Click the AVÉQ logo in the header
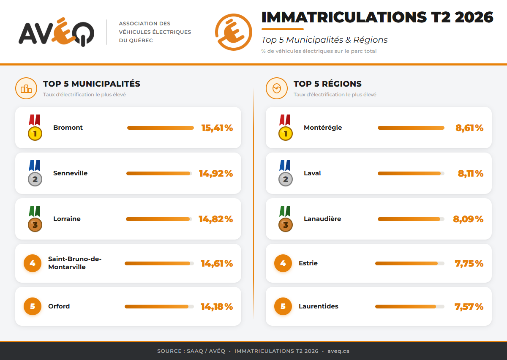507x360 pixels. [x=56, y=32]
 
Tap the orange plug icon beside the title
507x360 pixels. [x=233, y=32]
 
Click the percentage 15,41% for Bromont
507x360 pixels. [x=217, y=128]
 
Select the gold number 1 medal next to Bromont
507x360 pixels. [x=35, y=128]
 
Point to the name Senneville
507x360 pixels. [x=70, y=173]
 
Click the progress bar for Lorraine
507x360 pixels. [x=159, y=219]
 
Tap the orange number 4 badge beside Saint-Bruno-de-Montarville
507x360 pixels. [x=33, y=263]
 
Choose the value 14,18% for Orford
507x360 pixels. [x=217, y=307]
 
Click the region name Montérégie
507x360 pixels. [x=323, y=128]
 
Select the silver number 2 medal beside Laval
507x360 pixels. [x=285, y=173]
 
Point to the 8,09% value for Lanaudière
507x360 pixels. [x=468, y=219]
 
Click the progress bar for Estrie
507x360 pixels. [x=410, y=263]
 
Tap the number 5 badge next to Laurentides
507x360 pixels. [x=283, y=306]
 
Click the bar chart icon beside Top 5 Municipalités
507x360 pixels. [x=26, y=88]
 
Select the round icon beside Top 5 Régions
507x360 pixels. [x=277, y=88]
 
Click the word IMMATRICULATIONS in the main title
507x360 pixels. [x=344, y=17]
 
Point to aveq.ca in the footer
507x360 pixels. [x=338, y=351]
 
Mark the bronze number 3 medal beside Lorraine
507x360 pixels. [x=35, y=219]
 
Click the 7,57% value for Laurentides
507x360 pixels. [x=469, y=307]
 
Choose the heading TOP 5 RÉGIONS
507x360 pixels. [x=327, y=84]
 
